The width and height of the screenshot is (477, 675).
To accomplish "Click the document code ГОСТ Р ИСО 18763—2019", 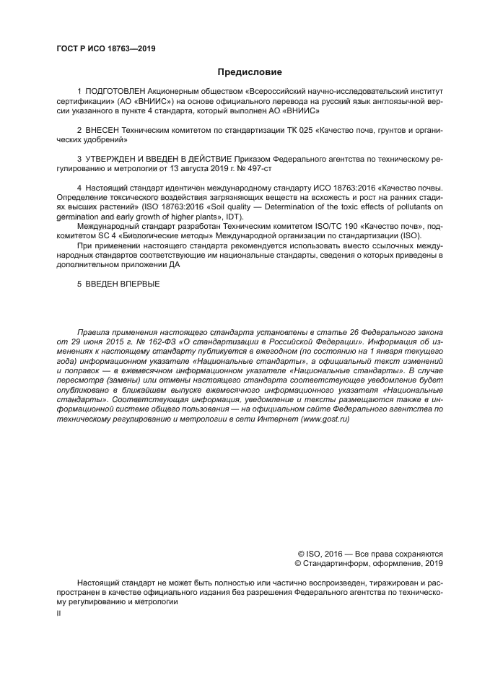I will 105,49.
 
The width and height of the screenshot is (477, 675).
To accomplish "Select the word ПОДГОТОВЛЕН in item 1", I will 115,92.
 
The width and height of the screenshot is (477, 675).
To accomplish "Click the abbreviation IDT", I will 234,217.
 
